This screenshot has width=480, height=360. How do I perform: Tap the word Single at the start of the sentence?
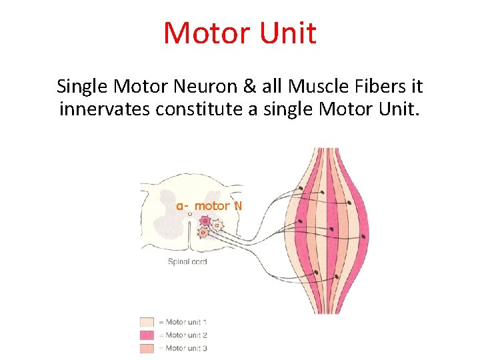[x=83, y=87]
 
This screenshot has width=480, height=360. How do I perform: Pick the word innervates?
[x=105, y=109]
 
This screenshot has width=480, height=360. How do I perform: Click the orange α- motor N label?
[x=209, y=206]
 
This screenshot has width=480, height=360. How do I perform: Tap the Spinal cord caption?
[x=187, y=262]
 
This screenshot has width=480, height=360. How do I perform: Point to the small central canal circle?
[x=190, y=214]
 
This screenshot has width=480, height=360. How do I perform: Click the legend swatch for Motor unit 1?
[x=147, y=322]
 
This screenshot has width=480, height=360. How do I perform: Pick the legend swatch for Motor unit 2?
[x=147, y=335]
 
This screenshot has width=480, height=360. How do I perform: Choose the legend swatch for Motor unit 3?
[x=147, y=347]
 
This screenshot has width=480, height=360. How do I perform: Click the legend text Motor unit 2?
[x=186, y=335]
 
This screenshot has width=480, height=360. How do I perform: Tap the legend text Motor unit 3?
[x=186, y=347]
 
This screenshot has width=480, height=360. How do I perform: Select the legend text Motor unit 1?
[x=186, y=322]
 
